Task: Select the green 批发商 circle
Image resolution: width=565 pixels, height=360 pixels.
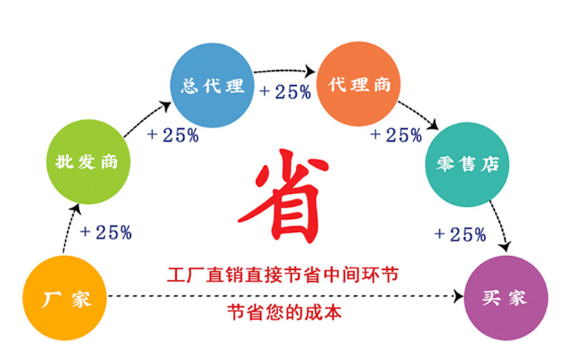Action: (87, 162)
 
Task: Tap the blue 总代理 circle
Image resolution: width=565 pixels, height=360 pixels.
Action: (212, 87)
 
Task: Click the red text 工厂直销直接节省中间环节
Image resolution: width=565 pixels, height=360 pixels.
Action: (282, 274)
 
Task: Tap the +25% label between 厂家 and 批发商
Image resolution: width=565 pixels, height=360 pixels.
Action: (105, 232)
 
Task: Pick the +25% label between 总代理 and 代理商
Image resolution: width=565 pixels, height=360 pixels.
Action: (285, 92)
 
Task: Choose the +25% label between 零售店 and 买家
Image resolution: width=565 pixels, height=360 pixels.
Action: (460, 233)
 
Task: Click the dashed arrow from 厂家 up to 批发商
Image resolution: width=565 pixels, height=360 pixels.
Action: (69, 229)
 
